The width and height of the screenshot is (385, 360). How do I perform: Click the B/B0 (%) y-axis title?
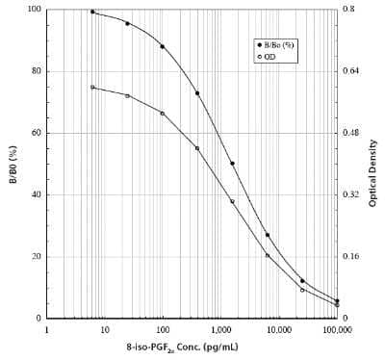(x=13, y=163)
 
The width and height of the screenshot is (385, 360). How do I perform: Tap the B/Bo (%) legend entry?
(x=278, y=44)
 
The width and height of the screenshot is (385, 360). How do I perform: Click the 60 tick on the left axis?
(x=36, y=133)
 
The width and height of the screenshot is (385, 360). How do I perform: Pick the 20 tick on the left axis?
(x=36, y=256)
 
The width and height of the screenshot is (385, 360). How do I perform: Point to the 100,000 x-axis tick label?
(x=336, y=328)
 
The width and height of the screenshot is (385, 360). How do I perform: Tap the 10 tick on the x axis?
(x=105, y=328)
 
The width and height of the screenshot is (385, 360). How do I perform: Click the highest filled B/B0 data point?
(x=92, y=12)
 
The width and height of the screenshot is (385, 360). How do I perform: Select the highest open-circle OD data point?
(x=92, y=88)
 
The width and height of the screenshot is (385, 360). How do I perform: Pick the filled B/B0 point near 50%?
(x=232, y=164)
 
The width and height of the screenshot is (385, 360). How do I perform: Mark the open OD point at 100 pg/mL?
(x=162, y=114)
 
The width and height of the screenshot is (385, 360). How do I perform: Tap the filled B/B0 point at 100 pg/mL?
(x=162, y=46)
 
